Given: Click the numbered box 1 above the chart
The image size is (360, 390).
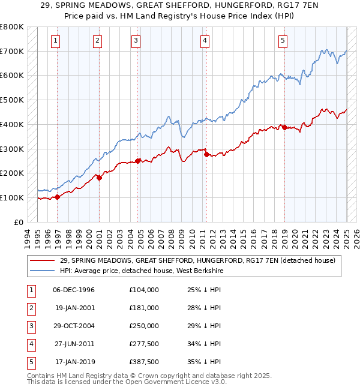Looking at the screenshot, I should (x=55, y=41).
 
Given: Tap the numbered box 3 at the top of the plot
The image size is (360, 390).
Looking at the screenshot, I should (x=136, y=41).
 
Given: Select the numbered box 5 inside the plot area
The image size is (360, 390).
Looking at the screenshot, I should (x=283, y=41).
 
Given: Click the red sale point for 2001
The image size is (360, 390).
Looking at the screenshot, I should (x=100, y=178).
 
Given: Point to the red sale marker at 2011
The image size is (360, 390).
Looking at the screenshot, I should (x=206, y=154).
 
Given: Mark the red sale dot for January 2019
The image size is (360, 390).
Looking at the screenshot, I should (x=284, y=127).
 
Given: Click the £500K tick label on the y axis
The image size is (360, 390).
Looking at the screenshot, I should (x=11, y=100).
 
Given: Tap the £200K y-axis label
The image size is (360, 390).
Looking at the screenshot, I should (x=11, y=173).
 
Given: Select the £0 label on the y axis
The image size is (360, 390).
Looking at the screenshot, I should (x=18, y=222).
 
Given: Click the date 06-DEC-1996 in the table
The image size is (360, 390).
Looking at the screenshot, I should (x=74, y=290).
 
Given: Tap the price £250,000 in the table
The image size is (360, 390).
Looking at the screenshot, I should (x=144, y=326).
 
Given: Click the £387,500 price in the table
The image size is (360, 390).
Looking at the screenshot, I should (x=144, y=362).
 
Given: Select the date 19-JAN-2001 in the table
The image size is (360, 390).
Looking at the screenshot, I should (x=74, y=308).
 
